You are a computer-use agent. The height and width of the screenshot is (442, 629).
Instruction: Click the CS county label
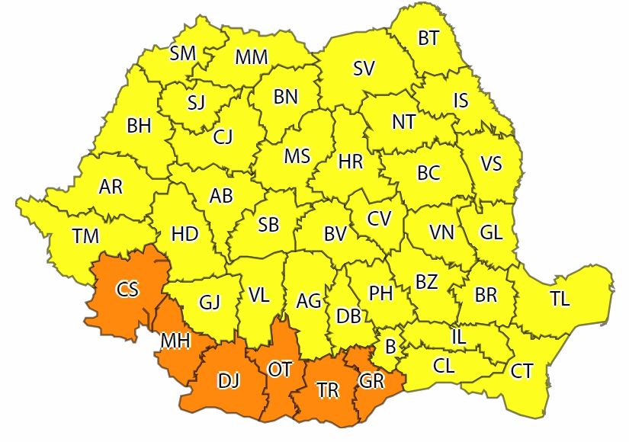127,289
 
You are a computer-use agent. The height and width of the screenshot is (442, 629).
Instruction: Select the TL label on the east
560,299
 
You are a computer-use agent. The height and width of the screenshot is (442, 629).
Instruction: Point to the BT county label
428,38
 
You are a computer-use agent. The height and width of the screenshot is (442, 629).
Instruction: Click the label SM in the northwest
183,53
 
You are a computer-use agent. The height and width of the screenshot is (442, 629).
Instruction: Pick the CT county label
521,371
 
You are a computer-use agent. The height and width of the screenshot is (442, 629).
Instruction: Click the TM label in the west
86,236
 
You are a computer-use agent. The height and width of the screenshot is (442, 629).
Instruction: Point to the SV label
364,69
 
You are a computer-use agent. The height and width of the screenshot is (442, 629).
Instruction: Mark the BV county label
335,235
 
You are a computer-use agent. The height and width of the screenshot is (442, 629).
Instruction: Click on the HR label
350,162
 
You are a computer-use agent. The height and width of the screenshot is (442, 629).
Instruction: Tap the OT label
280,370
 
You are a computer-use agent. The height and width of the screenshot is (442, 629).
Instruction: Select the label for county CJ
223,137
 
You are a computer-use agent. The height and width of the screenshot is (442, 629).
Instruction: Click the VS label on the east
491,164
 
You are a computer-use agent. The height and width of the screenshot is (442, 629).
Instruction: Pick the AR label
111,187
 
